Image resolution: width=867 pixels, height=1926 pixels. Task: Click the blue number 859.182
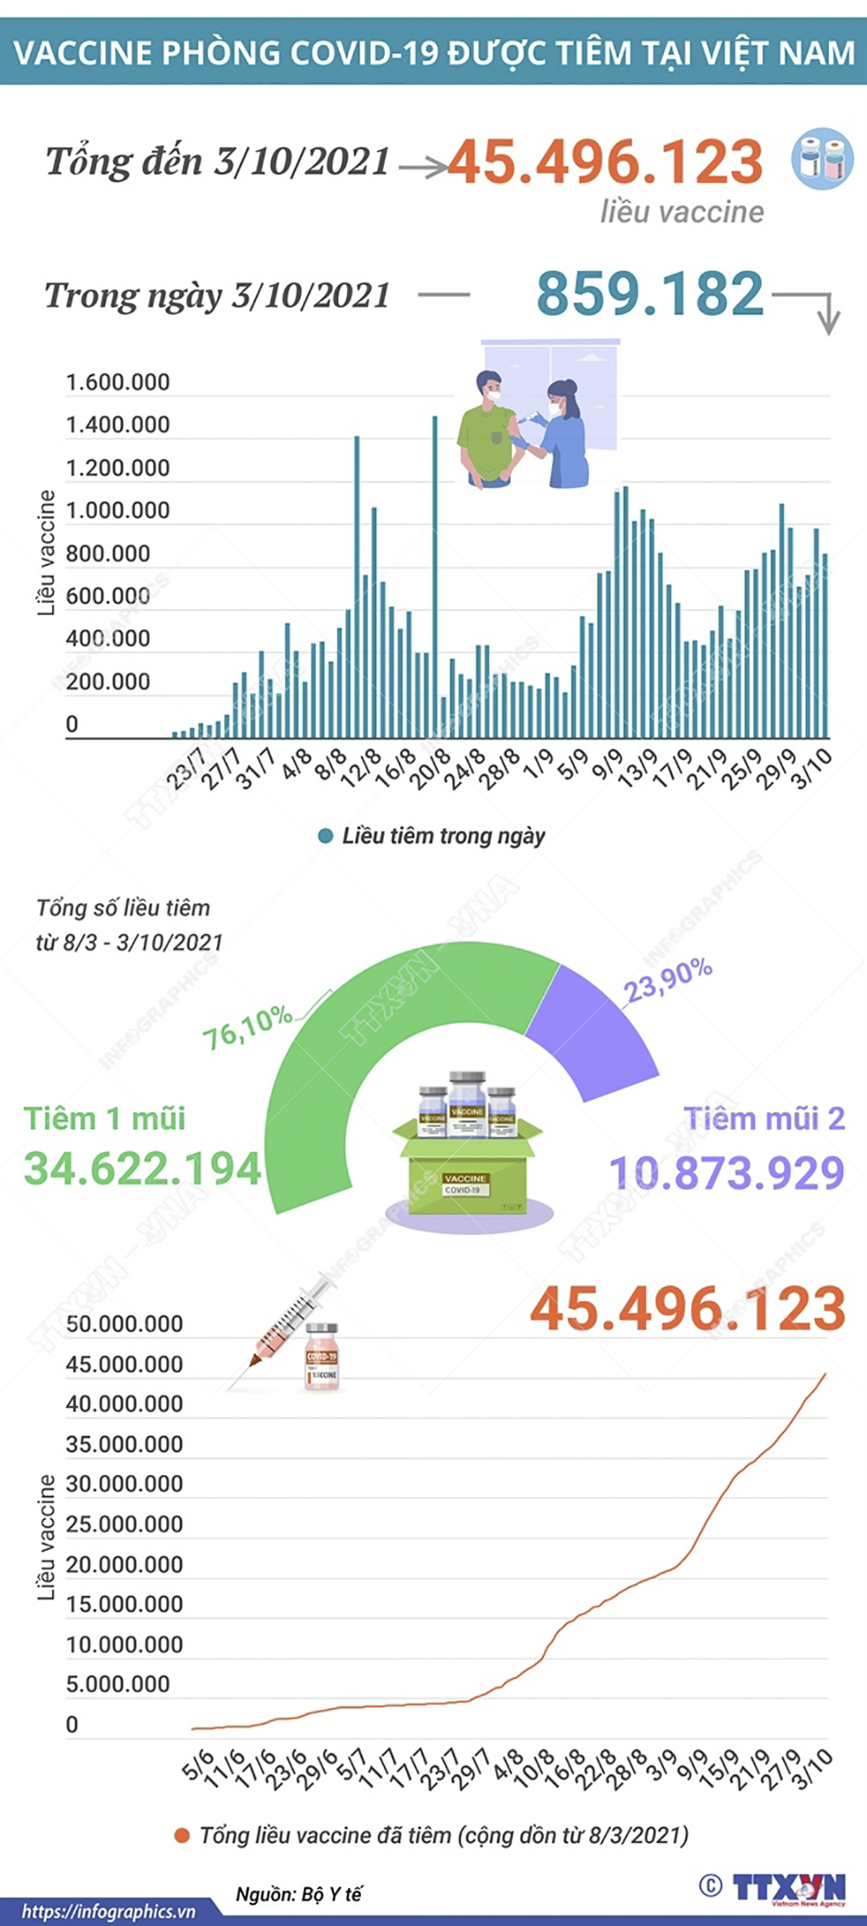(x=650, y=294)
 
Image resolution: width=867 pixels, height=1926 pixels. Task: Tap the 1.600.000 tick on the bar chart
(x=118, y=383)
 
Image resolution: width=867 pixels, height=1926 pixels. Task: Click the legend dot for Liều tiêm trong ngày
(x=326, y=836)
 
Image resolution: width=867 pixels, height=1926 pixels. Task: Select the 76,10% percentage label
(x=248, y=1026)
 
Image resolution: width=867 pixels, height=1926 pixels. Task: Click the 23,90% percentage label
(x=669, y=981)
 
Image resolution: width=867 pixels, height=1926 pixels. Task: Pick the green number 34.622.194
(x=142, y=1169)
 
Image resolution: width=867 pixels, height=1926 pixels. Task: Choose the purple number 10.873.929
(x=727, y=1173)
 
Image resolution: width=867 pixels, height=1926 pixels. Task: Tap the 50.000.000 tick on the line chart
(x=124, y=1324)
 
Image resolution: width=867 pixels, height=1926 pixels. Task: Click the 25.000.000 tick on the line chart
(x=124, y=1524)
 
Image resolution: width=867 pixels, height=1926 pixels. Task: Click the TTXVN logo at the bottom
(x=787, y=1887)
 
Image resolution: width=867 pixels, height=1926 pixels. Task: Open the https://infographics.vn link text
(x=108, y=1912)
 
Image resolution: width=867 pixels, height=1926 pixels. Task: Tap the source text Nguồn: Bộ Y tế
(x=299, y=1894)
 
